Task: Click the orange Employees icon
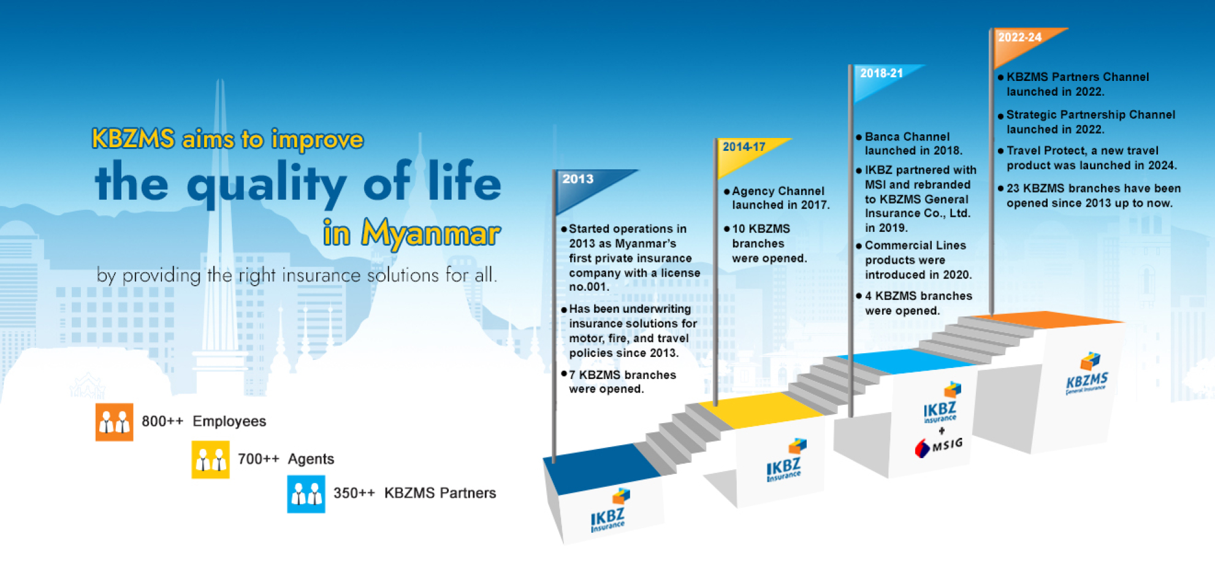[x=114, y=422]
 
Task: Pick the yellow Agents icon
[x=210, y=459]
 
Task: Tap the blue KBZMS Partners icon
[x=306, y=494]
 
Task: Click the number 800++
[x=162, y=421]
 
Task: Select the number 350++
[x=354, y=493]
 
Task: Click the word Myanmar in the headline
[x=430, y=234]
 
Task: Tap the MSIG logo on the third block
[x=939, y=447]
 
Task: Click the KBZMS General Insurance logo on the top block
[x=1087, y=374]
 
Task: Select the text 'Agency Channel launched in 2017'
[x=780, y=198]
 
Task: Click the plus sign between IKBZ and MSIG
[x=942, y=431]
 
